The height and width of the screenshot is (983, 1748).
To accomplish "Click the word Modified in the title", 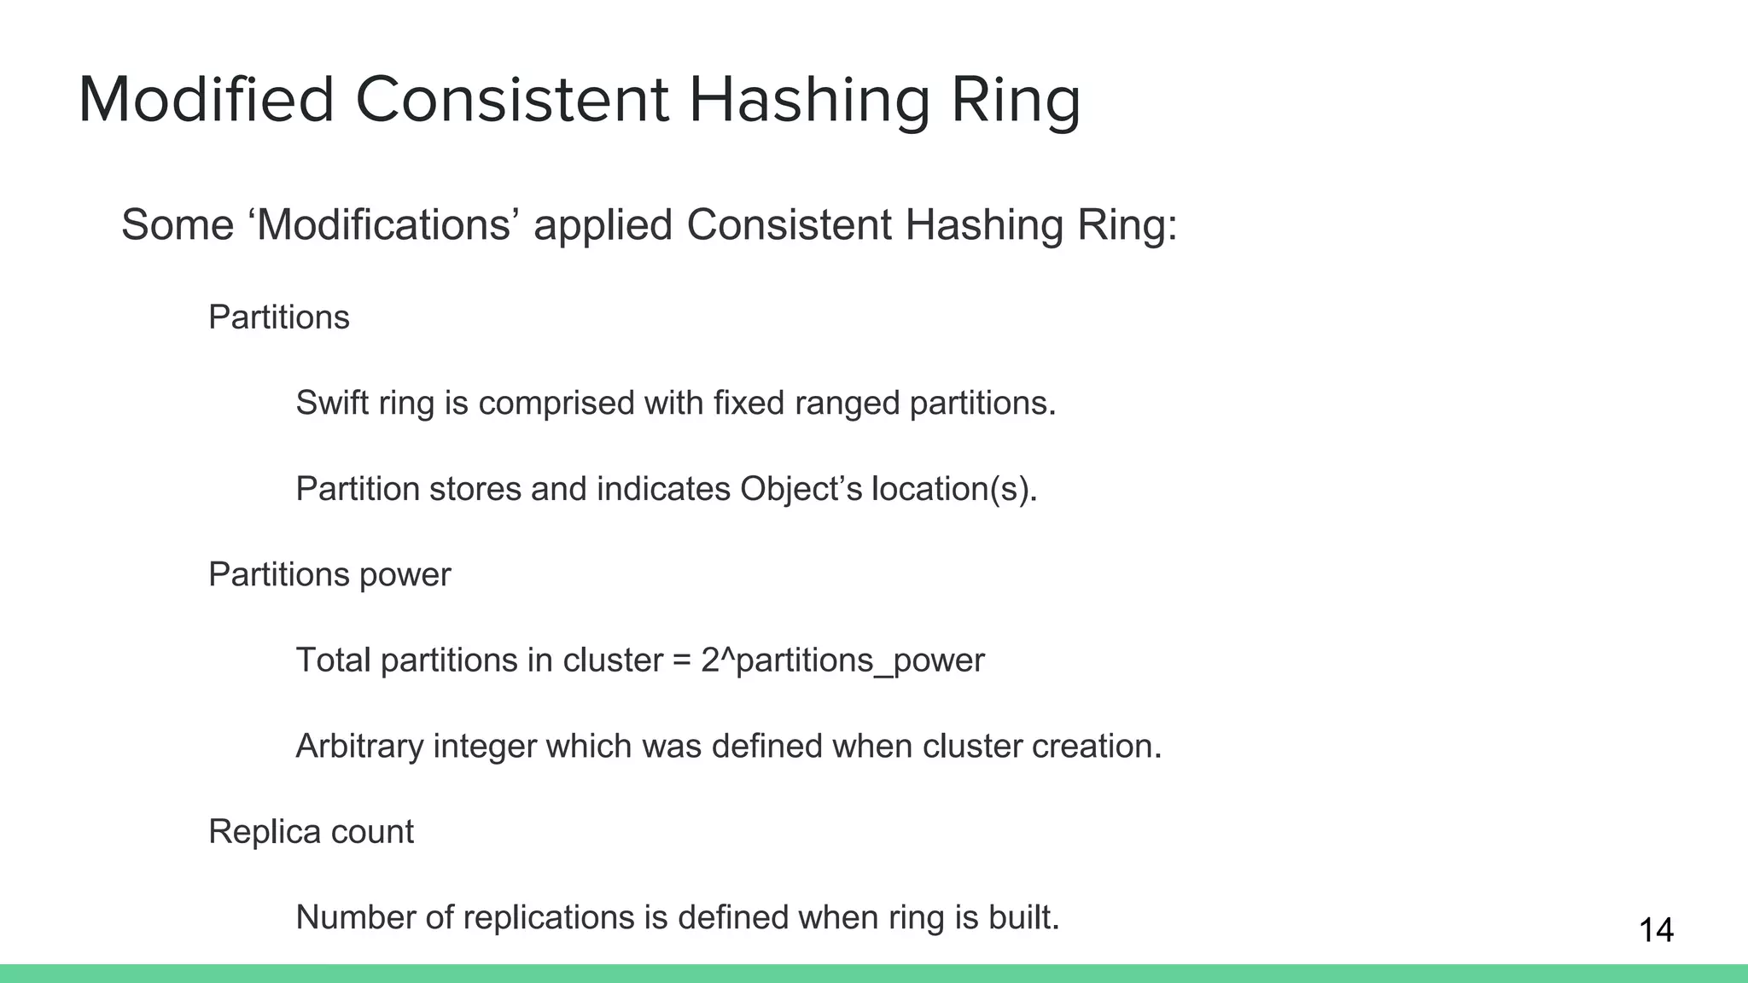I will click(206, 100).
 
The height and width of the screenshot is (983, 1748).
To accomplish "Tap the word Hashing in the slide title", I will click(808, 102).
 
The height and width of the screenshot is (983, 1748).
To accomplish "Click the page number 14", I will click(1656, 930).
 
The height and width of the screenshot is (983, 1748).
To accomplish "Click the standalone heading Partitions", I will click(278, 317).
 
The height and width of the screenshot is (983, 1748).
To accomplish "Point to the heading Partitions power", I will click(329, 574).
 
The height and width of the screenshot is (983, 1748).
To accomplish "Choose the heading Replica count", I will click(311, 831).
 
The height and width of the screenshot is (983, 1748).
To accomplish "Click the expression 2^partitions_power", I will click(842, 660).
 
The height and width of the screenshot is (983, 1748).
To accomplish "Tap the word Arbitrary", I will click(359, 746).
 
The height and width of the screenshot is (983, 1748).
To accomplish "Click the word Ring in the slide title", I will click(1015, 102).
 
